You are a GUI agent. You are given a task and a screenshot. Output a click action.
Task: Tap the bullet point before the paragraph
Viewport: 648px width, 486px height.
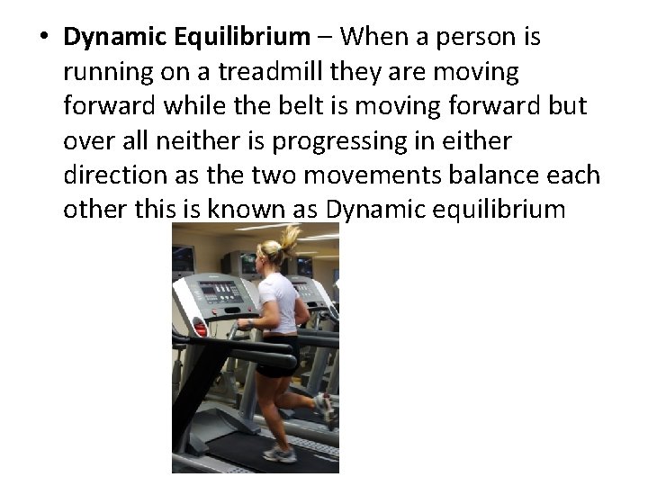tap(42, 38)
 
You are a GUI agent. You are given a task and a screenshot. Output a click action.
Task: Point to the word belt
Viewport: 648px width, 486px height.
tap(340, 105)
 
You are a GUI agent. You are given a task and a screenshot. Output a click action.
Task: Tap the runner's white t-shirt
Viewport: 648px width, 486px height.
tap(278, 301)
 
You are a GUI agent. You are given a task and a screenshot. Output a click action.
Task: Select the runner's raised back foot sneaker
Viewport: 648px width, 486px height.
tap(324, 408)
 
